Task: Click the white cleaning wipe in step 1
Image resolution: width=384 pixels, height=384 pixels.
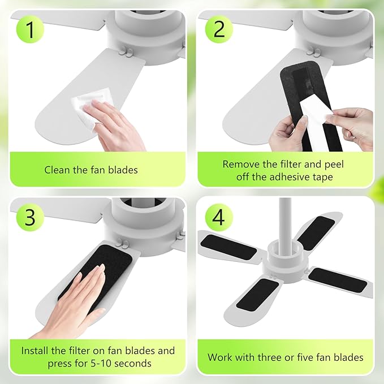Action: [83, 105]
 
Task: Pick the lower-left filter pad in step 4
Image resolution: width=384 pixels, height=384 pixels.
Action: [257, 294]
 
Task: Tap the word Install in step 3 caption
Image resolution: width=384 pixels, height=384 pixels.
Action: [35, 351]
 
